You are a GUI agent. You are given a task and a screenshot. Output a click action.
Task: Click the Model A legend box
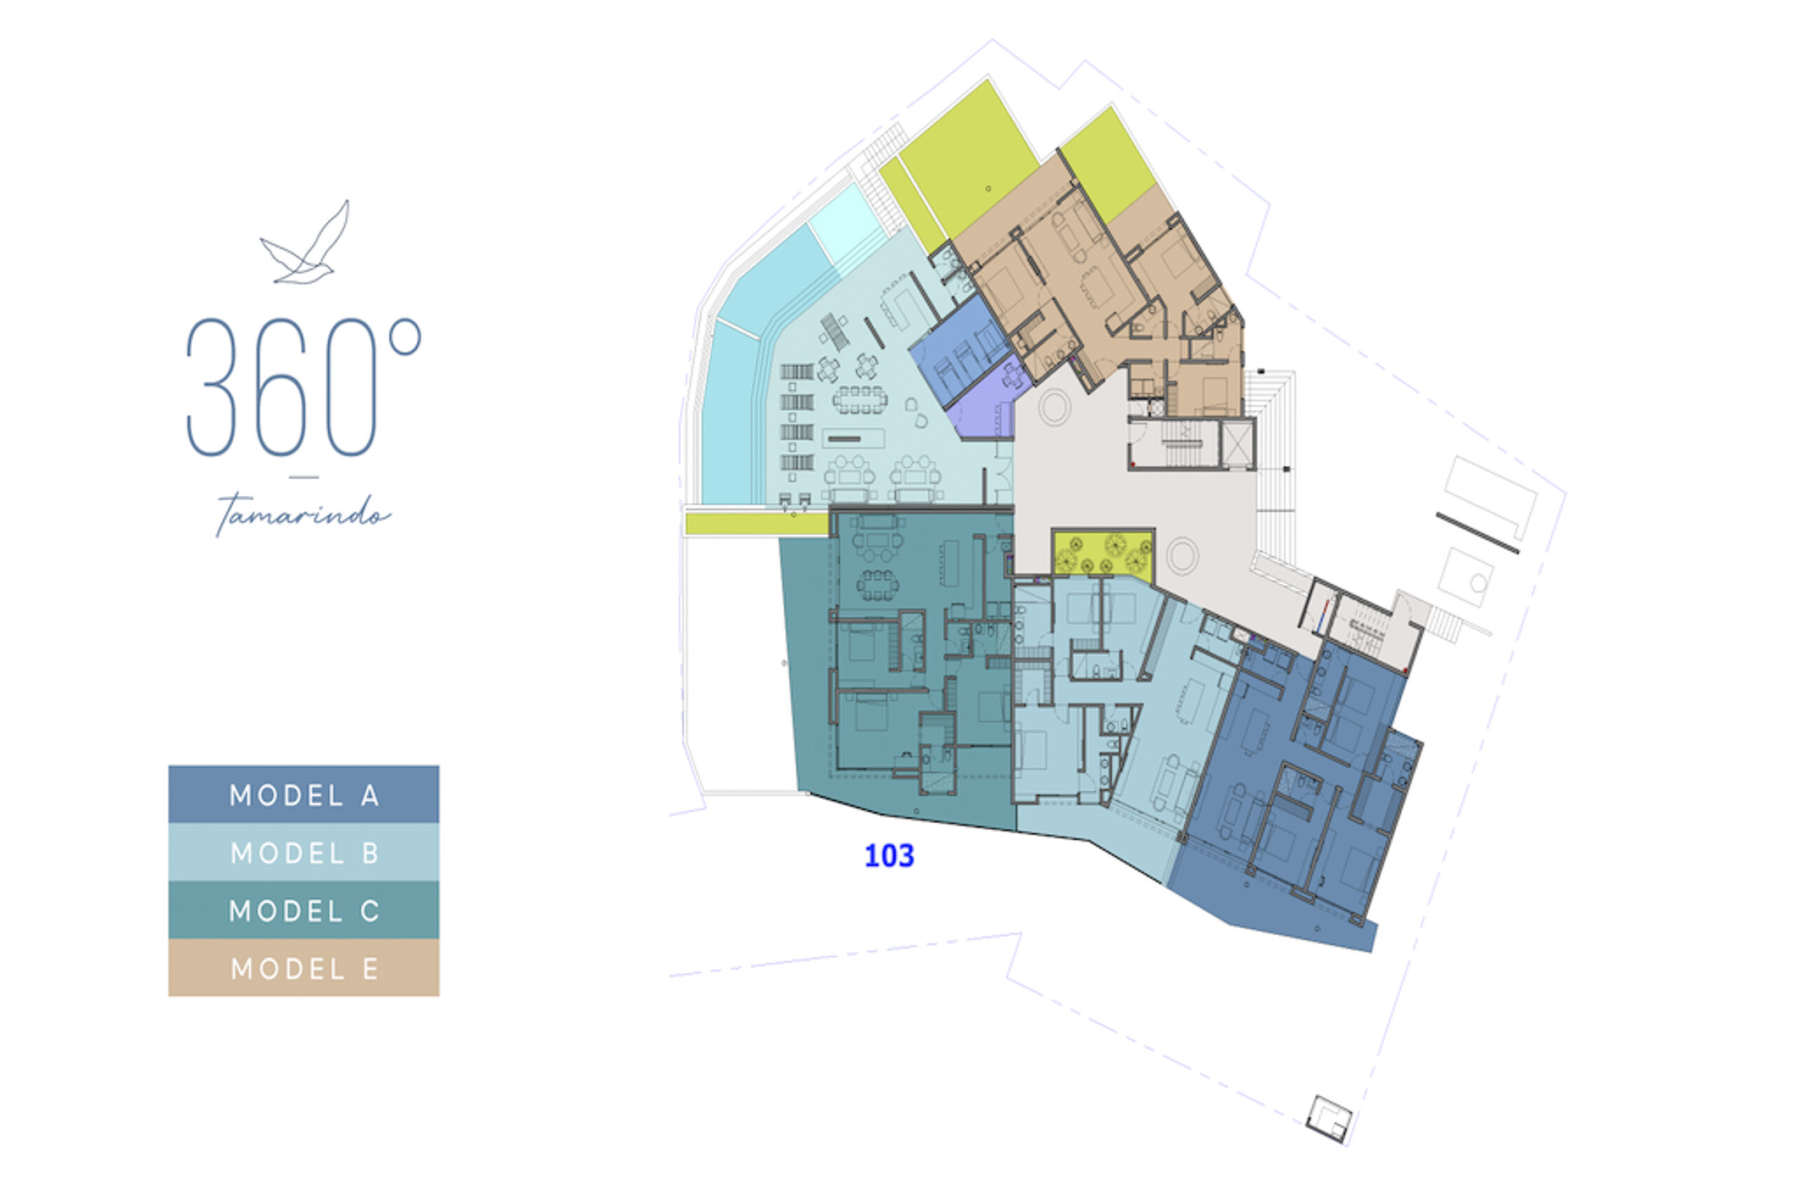tap(304, 795)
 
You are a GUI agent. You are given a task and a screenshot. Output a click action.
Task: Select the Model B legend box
tap(304, 852)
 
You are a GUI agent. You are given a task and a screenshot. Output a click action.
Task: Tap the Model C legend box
tap(304, 910)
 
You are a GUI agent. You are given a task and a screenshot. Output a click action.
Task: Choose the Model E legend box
tap(304, 968)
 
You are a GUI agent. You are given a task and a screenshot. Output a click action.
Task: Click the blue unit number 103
tap(889, 856)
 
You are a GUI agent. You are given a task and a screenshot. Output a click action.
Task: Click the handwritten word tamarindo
tap(303, 515)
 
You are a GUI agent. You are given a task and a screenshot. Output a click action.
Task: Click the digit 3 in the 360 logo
tap(210, 387)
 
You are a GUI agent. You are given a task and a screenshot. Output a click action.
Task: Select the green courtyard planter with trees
tap(1103, 553)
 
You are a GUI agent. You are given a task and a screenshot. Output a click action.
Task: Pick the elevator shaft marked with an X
tap(1237, 443)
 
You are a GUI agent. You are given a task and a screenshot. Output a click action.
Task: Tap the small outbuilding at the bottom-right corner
tap(1329, 1119)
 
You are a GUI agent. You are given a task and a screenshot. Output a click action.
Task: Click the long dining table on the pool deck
tap(859, 399)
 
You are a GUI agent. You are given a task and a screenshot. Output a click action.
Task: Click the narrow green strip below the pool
tap(756, 523)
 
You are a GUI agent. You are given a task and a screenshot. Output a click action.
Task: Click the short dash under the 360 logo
tap(304, 478)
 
